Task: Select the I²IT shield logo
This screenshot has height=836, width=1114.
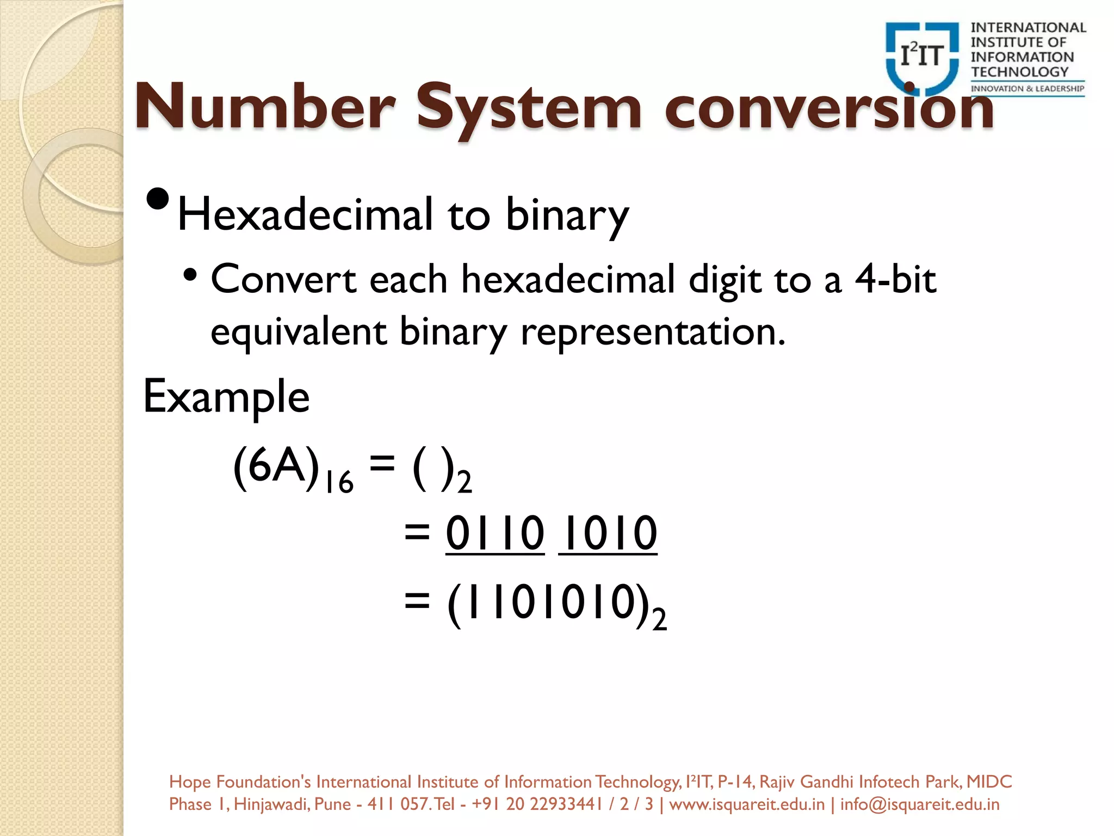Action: [x=922, y=57]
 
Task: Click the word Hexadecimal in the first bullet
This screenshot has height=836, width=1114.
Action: [x=305, y=214]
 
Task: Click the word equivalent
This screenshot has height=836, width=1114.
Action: [x=299, y=332]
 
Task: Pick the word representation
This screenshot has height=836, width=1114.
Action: [x=653, y=332]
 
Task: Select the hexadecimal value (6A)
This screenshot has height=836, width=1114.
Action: [x=276, y=465]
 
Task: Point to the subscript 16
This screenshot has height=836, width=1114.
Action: [x=339, y=482]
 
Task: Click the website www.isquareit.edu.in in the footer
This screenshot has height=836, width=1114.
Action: [x=747, y=804]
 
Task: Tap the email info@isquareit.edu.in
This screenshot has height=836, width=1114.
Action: [x=920, y=804]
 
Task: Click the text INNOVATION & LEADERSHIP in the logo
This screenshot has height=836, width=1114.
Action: [x=1028, y=89]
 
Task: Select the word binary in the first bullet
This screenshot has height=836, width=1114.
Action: [x=567, y=216]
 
